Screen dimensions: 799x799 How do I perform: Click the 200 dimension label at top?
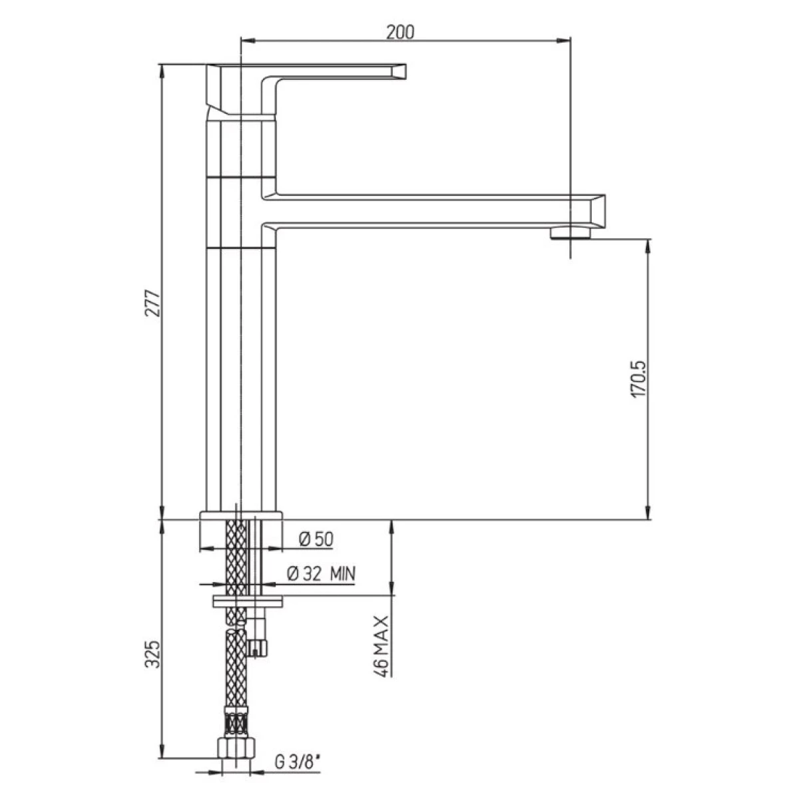(400, 32)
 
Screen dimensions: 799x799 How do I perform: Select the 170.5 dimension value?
(638, 379)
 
